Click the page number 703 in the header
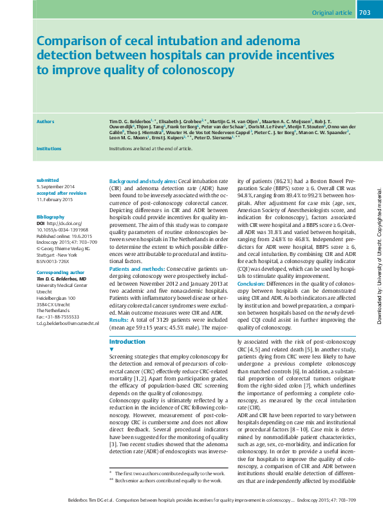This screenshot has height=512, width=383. click(364, 12)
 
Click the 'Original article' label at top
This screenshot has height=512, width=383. click(331, 13)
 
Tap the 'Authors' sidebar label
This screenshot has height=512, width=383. click(46, 121)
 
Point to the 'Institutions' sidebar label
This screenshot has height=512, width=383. click(50, 148)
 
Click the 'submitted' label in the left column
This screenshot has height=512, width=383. click(48, 180)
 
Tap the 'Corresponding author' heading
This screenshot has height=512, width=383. click(61, 273)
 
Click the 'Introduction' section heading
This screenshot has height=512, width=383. click(127, 341)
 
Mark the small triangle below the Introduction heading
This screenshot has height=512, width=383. click(112, 349)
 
